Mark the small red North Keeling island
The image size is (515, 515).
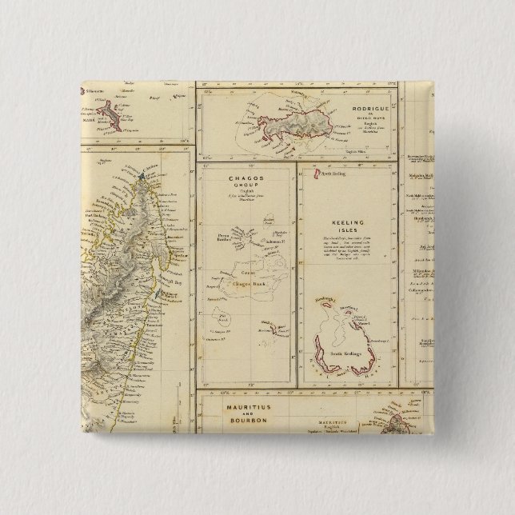click(317, 171)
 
